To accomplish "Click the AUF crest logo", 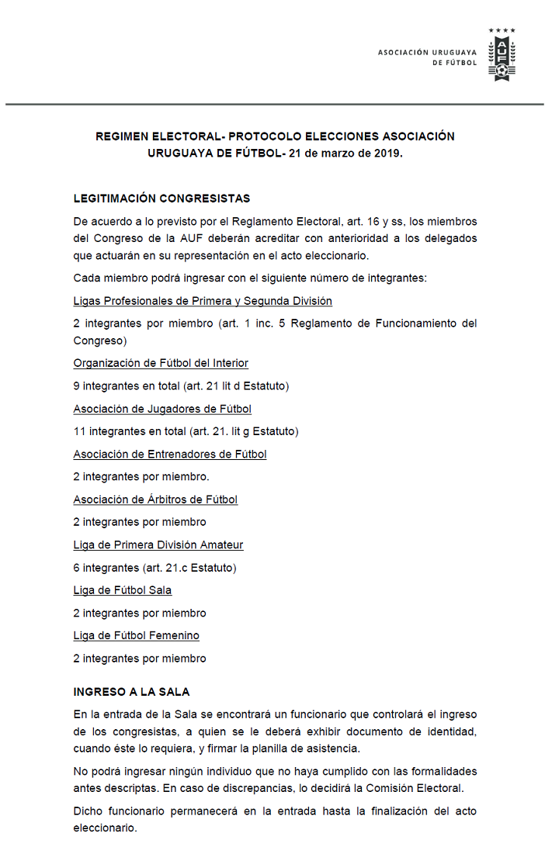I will (x=502, y=57).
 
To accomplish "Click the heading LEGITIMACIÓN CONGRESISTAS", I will (x=161, y=199).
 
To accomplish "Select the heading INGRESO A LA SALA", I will (x=131, y=691).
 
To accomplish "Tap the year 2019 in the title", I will (x=387, y=153).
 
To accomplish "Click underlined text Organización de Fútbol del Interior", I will (x=161, y=363).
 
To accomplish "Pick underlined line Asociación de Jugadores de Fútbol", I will (x=162, y=409).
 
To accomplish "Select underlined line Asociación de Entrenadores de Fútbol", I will (x=170, y=455).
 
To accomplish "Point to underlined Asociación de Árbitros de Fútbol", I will (x=155, y=500).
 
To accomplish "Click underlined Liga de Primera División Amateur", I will (x=158, y=545).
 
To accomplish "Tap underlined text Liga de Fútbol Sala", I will (x=123, y=590).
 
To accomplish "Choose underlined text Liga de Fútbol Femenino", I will (x=136, y=636).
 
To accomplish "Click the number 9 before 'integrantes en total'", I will (x=77, y=385).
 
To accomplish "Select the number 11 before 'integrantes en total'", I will (x=79, y=431).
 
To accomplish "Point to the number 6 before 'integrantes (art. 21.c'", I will (x=77, y=568).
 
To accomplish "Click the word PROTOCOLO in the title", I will (x=262, y=137).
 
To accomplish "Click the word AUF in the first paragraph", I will (x=198, y=238).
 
